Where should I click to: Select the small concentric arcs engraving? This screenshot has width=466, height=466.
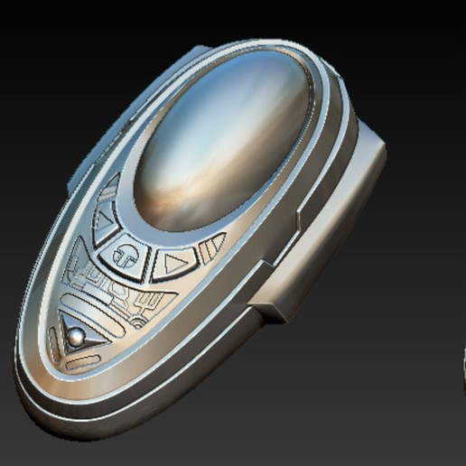(135, 316)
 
